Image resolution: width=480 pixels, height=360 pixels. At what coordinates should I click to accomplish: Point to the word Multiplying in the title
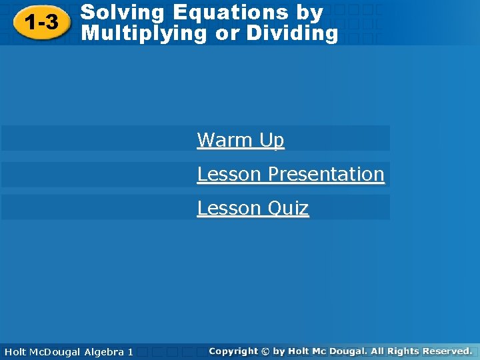143,33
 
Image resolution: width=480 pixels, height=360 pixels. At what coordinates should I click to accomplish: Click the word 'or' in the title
226,34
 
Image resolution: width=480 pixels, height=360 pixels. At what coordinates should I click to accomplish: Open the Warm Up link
241,140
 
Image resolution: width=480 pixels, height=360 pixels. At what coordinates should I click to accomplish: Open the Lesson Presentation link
291,174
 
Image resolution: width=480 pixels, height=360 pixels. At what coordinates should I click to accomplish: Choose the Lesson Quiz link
253,208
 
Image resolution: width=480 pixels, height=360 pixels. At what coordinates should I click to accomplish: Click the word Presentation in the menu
326,174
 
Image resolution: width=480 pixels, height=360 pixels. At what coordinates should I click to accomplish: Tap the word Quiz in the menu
287,208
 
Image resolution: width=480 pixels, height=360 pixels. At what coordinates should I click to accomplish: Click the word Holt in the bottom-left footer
15,351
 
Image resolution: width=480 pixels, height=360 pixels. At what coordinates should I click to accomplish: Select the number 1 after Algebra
131,351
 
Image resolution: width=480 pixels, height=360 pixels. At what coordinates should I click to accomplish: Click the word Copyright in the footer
233,351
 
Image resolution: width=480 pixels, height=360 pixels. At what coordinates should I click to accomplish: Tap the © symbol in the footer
265,351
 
